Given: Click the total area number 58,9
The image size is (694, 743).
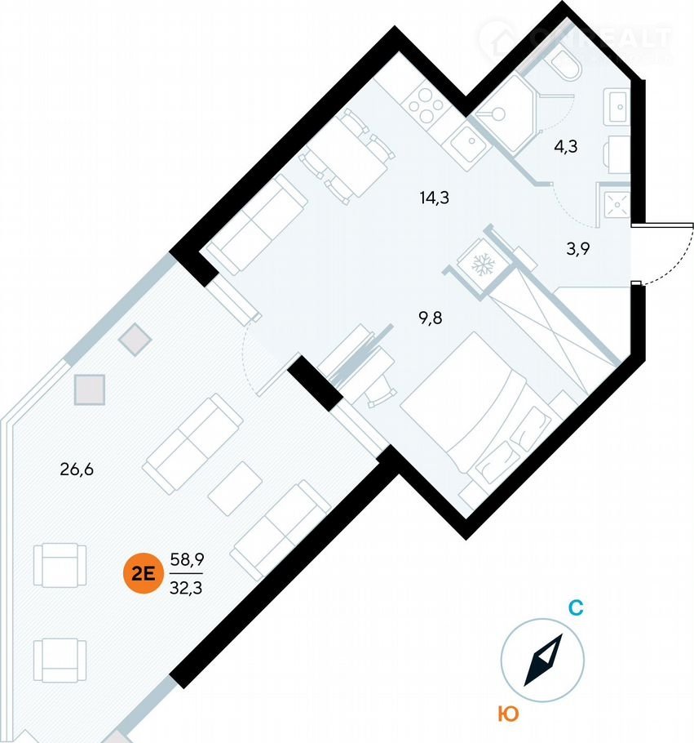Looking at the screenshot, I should coord(187,559).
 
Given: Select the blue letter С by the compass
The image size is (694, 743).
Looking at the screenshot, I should coord(574,607).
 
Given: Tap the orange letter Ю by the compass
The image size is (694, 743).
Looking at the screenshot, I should coord(507,714).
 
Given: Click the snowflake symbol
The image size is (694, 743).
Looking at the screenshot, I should coord(482,265).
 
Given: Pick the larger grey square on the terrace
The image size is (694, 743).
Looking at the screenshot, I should coord(90,389).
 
